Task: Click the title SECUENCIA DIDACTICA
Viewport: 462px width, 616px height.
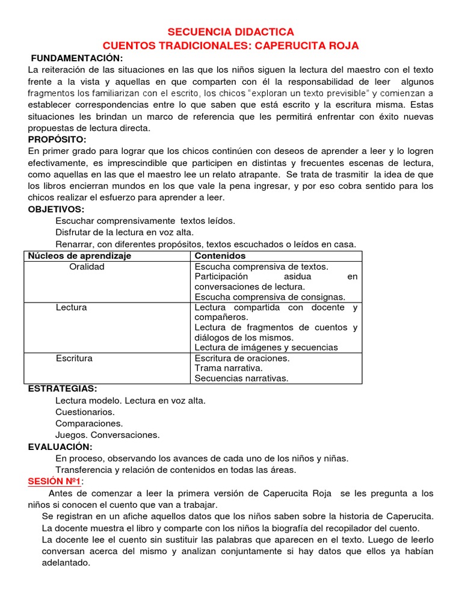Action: (230, 32)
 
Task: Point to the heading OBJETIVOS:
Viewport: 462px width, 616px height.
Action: (57, 209)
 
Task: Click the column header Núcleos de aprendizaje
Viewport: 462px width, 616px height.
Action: (79, 256)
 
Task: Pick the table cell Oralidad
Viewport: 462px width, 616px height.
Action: (87, 266)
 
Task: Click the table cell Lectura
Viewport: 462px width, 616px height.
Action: (71, 307)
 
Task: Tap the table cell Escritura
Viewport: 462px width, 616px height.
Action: (74, 358)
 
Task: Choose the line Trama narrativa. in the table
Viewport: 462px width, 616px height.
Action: (229, 368)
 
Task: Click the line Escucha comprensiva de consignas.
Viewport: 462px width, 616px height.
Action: (269, 297)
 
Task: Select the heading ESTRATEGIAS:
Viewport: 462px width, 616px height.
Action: (63, 389)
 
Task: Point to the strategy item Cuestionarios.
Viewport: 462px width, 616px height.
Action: (85, 412)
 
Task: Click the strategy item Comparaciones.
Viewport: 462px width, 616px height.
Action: (89, 423)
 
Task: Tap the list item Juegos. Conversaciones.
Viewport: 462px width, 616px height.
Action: (107, 435)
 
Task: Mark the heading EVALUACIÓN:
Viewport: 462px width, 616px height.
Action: (60, 446)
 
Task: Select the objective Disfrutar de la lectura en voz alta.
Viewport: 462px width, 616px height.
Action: (125, 232)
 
